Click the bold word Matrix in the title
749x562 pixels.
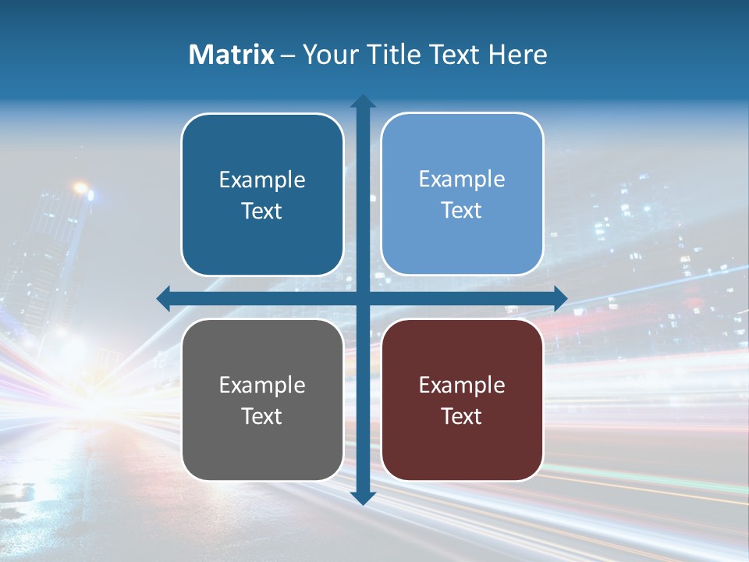[231, 55]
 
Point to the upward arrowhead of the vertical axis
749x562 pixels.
[363, 101]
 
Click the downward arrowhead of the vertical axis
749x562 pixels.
[363, 497]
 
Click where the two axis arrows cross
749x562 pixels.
[363, 298]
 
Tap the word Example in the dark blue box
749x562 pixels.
[262, 180]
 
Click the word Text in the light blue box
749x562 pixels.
[462, 211]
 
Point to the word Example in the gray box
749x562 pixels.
[262, 386]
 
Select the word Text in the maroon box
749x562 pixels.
[462, 417]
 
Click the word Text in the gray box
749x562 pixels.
[262, 417]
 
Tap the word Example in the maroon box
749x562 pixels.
[462, 386]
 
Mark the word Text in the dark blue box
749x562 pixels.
[262, 212]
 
